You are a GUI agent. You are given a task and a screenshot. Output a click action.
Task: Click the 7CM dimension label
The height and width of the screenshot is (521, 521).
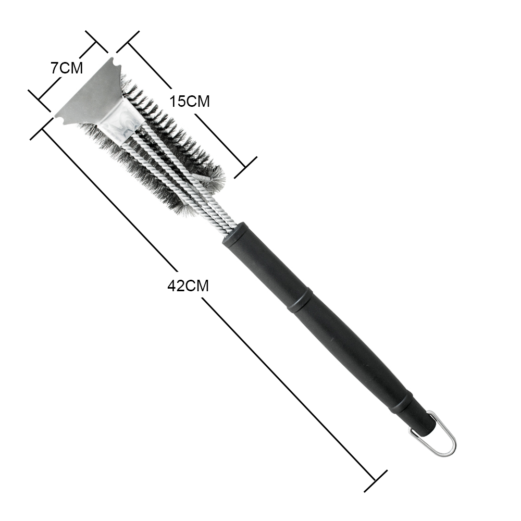pyautogui.click(x=67, y=68)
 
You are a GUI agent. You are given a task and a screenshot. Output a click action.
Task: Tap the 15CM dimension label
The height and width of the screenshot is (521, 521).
pyautogui.click(x=190, y=101)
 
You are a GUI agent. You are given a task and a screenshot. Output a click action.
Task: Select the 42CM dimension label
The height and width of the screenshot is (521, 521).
pyautogui.click(x=188, y=286)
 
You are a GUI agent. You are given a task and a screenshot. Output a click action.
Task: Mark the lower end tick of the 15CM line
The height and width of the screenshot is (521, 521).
pyautogui.click(x=245, y=167)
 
